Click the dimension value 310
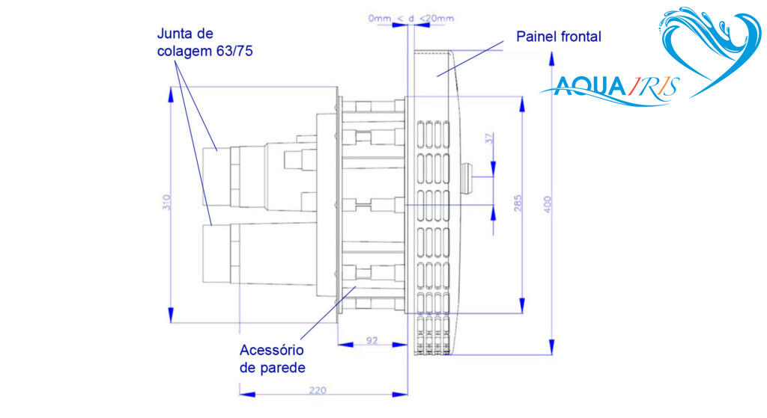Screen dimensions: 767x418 pyautogui.click(x=167, y=202)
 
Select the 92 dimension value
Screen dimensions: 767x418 pyautogui.click(x=372, y=340)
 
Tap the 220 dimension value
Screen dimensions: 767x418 pyautogui.click(x=318, y=390)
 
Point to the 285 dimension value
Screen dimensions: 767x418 pyautogui.click(x=518, y=203)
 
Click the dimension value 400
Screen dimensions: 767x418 pyautogui.click(x=548, y=204)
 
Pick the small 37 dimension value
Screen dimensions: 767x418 pyautogui.click(x=489, y=138)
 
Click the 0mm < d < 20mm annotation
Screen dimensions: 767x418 pyautogui.click(x=411, y=19)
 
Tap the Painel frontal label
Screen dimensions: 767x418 pyautogui.click(x=559, y=37)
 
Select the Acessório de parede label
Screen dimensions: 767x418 pyautogui.click(x=273, y=358)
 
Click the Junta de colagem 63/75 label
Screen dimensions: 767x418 pyautogui.click(x=205, y=42)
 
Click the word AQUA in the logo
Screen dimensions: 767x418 pyautogui.click(x=590, y=87)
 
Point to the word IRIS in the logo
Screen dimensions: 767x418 pyautogui.click(x=652, y=87)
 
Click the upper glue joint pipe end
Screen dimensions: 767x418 pyautogui.click(x=217, y=176)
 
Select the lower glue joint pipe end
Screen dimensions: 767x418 pyautogui.click(x=216, y=253)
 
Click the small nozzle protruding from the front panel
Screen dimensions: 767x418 pyautogui.click(x=466, y=177)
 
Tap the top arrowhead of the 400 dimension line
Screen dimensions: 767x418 pyautogui.click(x=552, y=58)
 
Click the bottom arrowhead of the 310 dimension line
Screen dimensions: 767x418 pyautogui.click(x=171, y=316)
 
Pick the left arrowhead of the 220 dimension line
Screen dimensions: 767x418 pyautogui.click(x=247, y=394)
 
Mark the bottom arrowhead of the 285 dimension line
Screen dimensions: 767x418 pyautogui.click(x=522, y=306)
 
